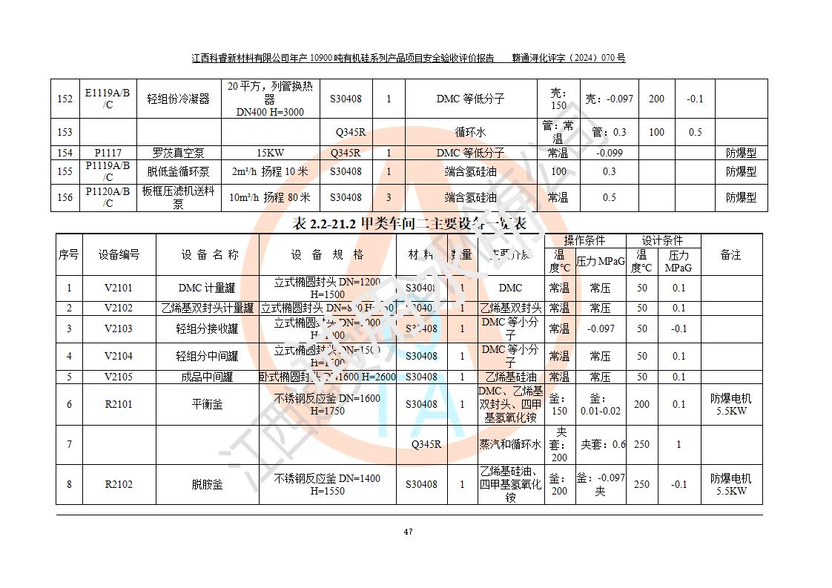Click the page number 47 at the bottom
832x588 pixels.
pos(408,531)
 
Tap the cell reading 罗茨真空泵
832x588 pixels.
pos(178,153)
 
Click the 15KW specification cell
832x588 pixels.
pos(270,153)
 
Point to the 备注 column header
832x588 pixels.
pos(730,254)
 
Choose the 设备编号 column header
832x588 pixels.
pos(119,254)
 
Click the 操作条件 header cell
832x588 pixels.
pos(584,240)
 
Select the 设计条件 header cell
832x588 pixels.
pos(661,240)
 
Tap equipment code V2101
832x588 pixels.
pos(119,288)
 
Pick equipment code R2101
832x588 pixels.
pos(119,404)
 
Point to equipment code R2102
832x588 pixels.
pos(119,484)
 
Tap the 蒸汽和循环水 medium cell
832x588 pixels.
pos(510,444)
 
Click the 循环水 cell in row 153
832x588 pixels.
pos(469,132)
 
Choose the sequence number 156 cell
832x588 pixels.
pos(65,197)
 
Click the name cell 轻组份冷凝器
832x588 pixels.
pos(178,99)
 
